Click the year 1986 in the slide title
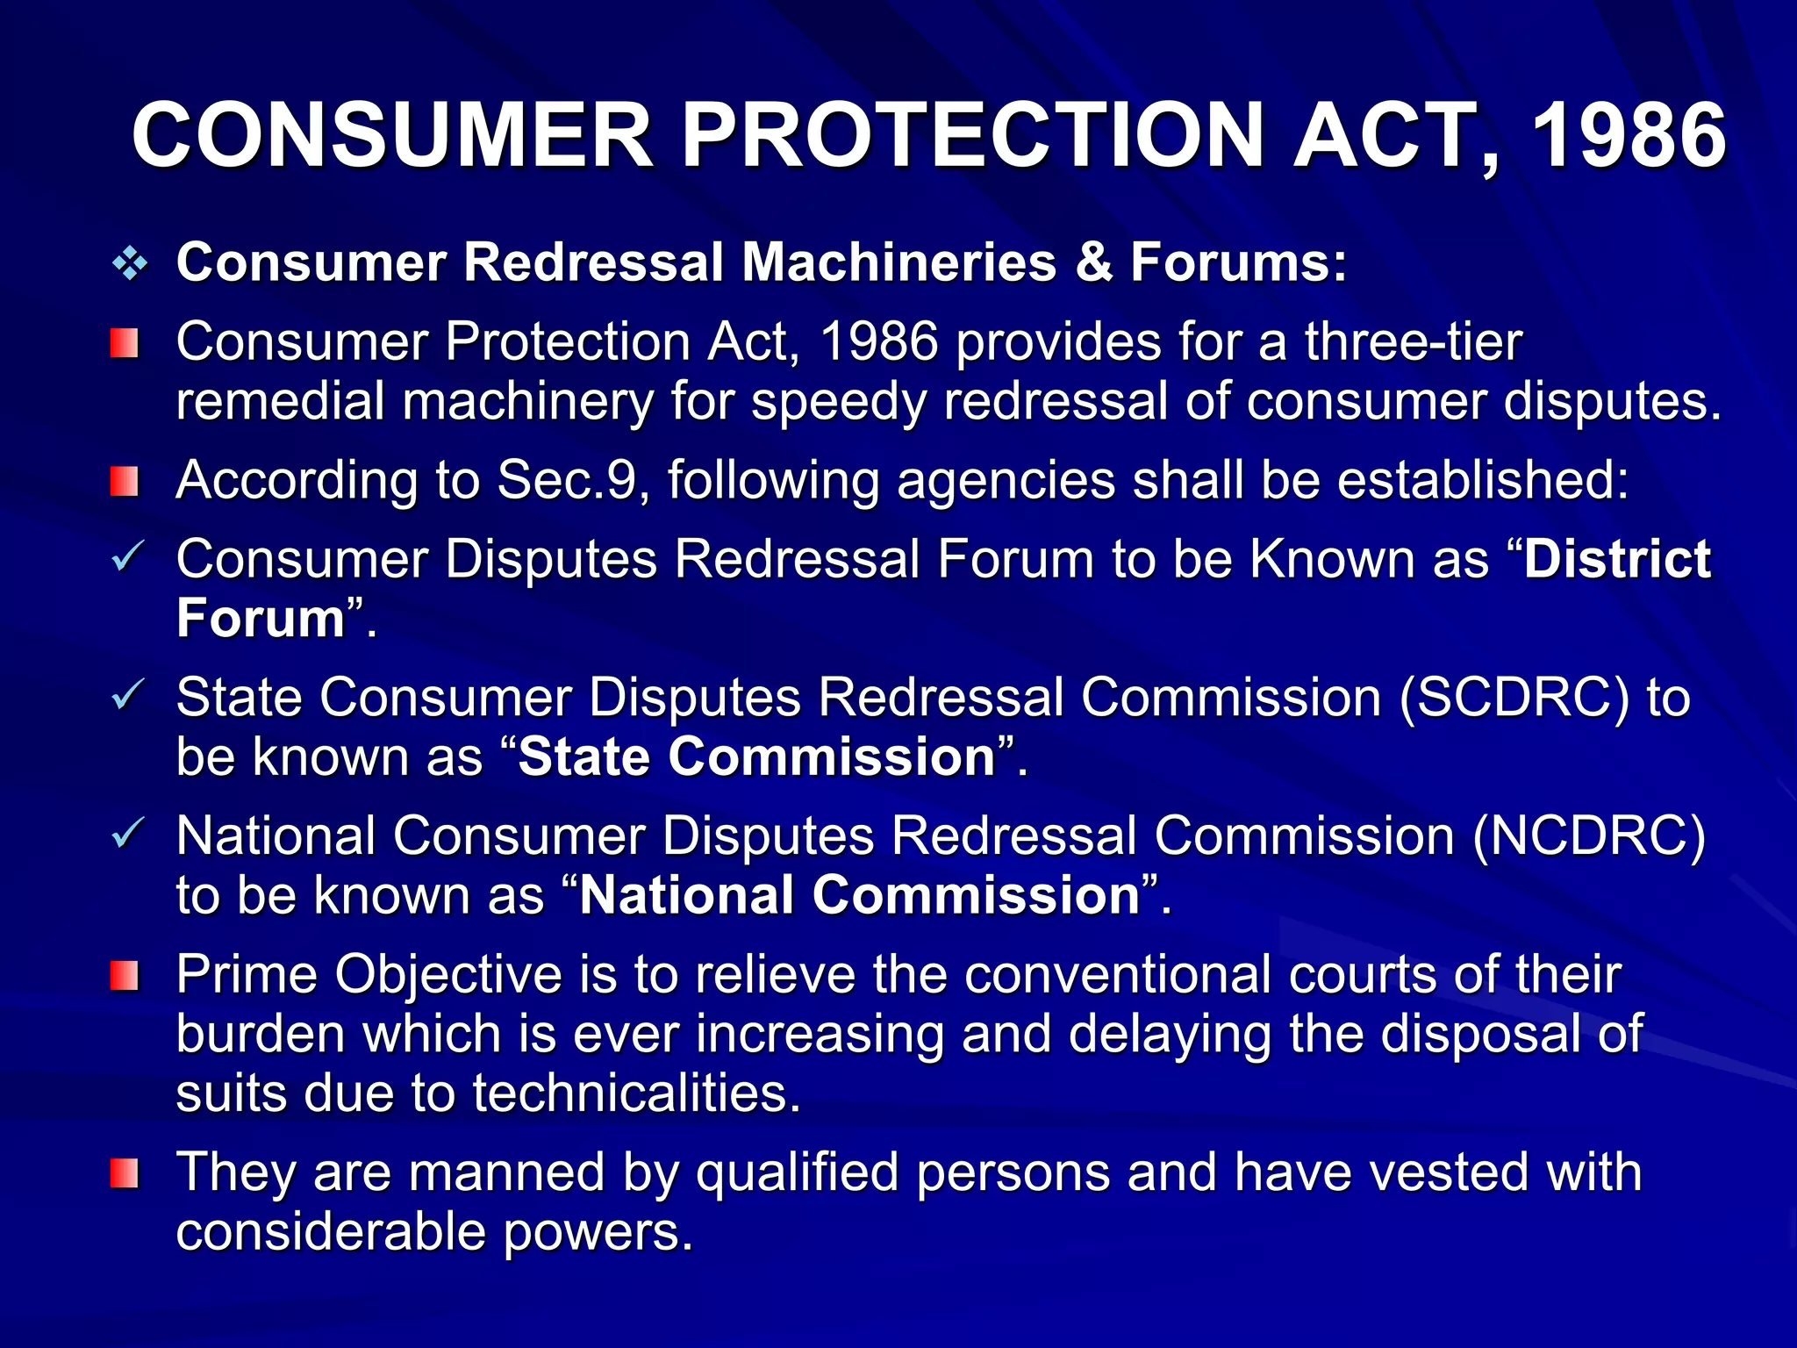tap(1629, 136)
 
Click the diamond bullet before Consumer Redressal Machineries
tap(130, 263)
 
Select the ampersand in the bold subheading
tap(1093, 262)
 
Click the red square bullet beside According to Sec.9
tap(125, 481)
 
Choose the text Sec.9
tap(566, 481)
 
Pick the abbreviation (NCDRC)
tap(1589, 835)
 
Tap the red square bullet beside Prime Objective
tap(125, 975)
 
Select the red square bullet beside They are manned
tap(125, 1173)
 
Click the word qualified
tap(798, 1173)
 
